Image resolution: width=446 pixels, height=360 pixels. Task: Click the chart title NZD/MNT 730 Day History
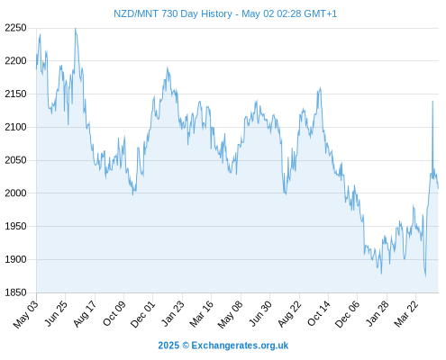click(173, 13)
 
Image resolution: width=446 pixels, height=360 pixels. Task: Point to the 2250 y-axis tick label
click(15, 28)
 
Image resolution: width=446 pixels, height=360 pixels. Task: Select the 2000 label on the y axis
click(15, 193)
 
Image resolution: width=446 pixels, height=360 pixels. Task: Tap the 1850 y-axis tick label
click(15, 292)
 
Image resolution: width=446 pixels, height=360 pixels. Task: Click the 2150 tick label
click(15, 94)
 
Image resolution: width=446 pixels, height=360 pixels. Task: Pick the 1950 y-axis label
click(15, 226)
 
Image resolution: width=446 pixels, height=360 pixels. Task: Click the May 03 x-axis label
click(26, 314)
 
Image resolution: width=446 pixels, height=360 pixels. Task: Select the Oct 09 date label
click(114, 313)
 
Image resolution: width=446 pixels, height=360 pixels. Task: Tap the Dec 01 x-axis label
click(142, 314)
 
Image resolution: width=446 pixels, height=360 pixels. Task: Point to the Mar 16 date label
click(202, 313)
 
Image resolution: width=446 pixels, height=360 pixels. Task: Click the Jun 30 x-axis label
click(260, 313)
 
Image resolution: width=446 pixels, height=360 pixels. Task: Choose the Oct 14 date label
click(318, 313)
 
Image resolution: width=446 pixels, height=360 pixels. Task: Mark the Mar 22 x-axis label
click(406, 313)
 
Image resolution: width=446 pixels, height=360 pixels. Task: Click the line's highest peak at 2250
click(76, 29)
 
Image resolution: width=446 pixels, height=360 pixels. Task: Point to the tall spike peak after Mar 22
click(432, 101)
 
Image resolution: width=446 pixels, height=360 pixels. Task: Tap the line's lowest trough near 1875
click(425, 276)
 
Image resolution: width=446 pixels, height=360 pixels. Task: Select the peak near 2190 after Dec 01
click(168, 68)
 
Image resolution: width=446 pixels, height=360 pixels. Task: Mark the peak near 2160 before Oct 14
click(320, 88)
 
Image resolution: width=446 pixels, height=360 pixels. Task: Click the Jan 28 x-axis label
click(377, 313)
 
